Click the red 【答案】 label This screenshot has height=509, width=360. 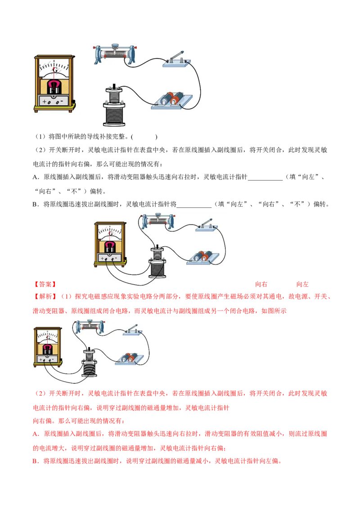coord(45,284)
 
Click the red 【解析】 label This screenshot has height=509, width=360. coord(45,296)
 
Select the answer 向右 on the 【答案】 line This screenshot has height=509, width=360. coord(261,284)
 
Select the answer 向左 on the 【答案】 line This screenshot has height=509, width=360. coord(302,284)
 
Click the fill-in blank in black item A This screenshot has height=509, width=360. coord(265,179)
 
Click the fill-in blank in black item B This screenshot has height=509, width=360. coord(194,206)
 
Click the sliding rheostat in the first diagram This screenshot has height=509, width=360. coord(114,53)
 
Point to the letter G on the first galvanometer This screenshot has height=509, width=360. coord(55,70)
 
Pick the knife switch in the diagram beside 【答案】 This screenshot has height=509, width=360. coord(206,226)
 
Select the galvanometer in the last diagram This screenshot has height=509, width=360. coord(48,347)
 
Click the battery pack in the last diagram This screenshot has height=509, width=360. coord(129,358)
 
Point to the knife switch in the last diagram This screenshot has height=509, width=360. coord(133,330)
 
